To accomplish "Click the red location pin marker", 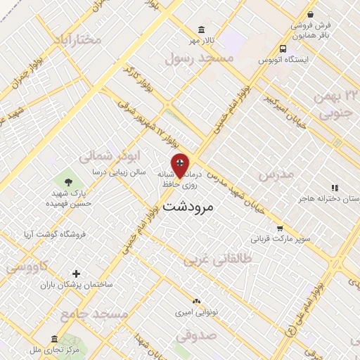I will click(180, 165).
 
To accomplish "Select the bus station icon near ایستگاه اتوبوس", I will click(283, 49).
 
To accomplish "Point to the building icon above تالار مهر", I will click(202, 30).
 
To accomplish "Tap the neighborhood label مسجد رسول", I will click(199, 59).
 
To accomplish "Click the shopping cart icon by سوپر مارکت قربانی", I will click(281, 228).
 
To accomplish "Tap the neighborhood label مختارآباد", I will click(72, 39).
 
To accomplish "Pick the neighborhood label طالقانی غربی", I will click(214, 261).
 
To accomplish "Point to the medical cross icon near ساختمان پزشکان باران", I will click(77, 274).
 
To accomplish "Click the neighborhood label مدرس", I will click(274, 174).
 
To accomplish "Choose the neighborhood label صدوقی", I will click(193, 336).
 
